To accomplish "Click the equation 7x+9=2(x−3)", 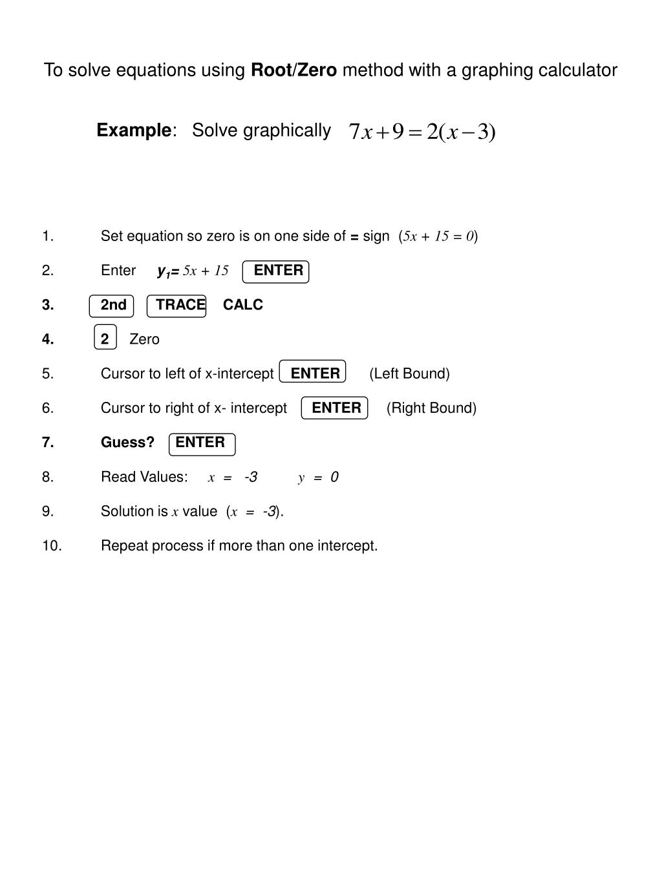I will point(422,132).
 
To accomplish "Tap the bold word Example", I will point(134,131).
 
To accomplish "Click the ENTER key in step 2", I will point(276,271).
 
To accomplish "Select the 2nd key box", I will point(112,306).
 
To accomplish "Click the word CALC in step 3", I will point(243,305).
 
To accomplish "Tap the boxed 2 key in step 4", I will point(105,339).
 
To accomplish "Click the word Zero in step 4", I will point(144,339).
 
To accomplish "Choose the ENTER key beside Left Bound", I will point(314,373).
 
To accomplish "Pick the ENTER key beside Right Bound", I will point(335,408).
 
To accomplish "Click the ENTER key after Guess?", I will point(202,443).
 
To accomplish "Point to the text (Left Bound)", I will point(409,373).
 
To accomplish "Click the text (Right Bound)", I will point(431,408).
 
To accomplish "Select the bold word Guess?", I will point(127,443).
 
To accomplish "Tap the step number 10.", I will point(52,546).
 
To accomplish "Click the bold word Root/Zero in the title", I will point(294,70).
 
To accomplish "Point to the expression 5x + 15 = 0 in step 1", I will point(439,236).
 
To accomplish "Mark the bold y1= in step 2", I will point(168,271).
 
